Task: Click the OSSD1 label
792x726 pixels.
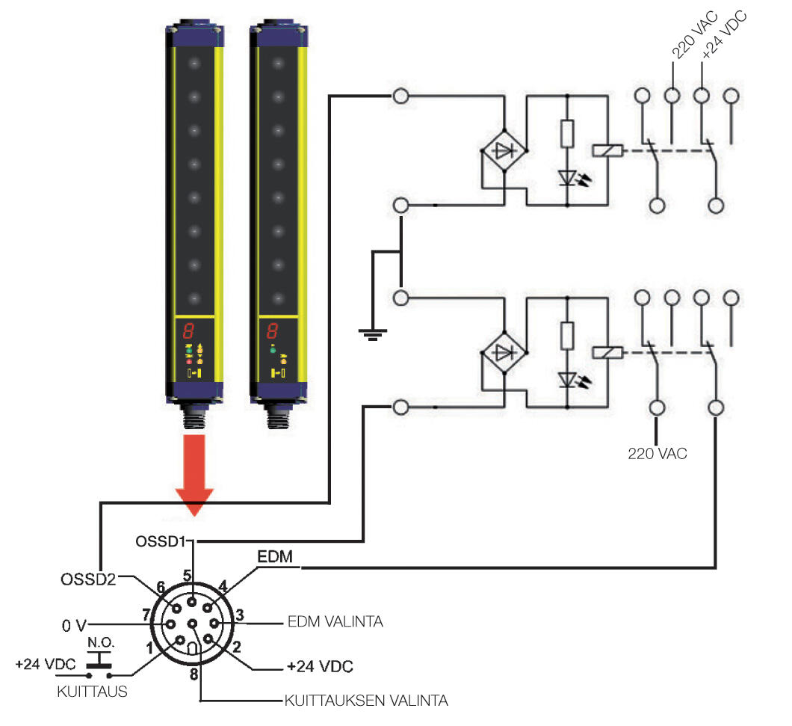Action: pos(159,540)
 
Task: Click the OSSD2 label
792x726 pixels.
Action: pos(88,579)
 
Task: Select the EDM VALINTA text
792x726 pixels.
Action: pos(335,622)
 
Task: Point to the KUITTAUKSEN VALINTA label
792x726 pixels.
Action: pos(365,701)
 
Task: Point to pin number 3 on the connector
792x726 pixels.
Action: pos(239,615)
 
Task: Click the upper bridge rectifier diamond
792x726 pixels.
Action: pos(505,150)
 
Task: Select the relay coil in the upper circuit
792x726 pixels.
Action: pos(604,150)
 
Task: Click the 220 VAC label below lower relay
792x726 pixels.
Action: pos(658,452)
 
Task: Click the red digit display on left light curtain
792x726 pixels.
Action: pos(189,331)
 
